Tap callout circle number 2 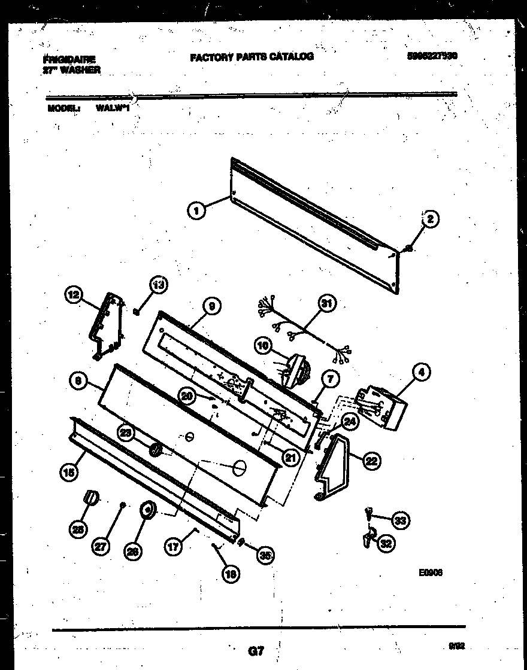pyautogui.click(x=429, y=220)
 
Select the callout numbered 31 pyautogui.click(x=326, y=304)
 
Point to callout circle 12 pyautogui.click(x=73, y=294)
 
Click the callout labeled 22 pyautogui.click(x=372, y=460)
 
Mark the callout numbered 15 pyautogui.click(x=69, y=473)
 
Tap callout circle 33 pyautogui.click(x=400, y=520)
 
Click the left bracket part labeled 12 pyautogui.click(x=108, y=326)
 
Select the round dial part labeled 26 pyautogui.click(x=147, y=510)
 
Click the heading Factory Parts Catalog pyautogui.click(x=252, y=57)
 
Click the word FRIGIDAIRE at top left pyautogui.click(x=69, y=59)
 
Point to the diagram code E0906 pyautogui.click(x=431, y=572)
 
